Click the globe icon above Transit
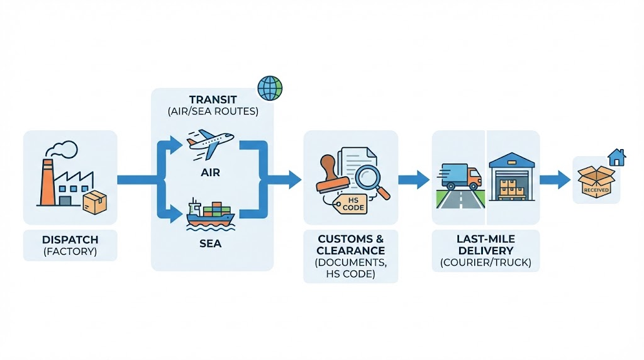[x=270, y=88]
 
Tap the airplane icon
[x=210, y=144]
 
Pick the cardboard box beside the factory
[x=95, y=202]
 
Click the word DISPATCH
[x=70, y=240]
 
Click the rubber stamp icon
[x=328, y=179]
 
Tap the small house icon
[x=616, y=157]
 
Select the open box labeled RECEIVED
[x=596, y=181]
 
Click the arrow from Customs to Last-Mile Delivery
[x=414, y=179]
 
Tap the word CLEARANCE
[x=350, y=250]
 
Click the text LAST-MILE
[x=486, y=239]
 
